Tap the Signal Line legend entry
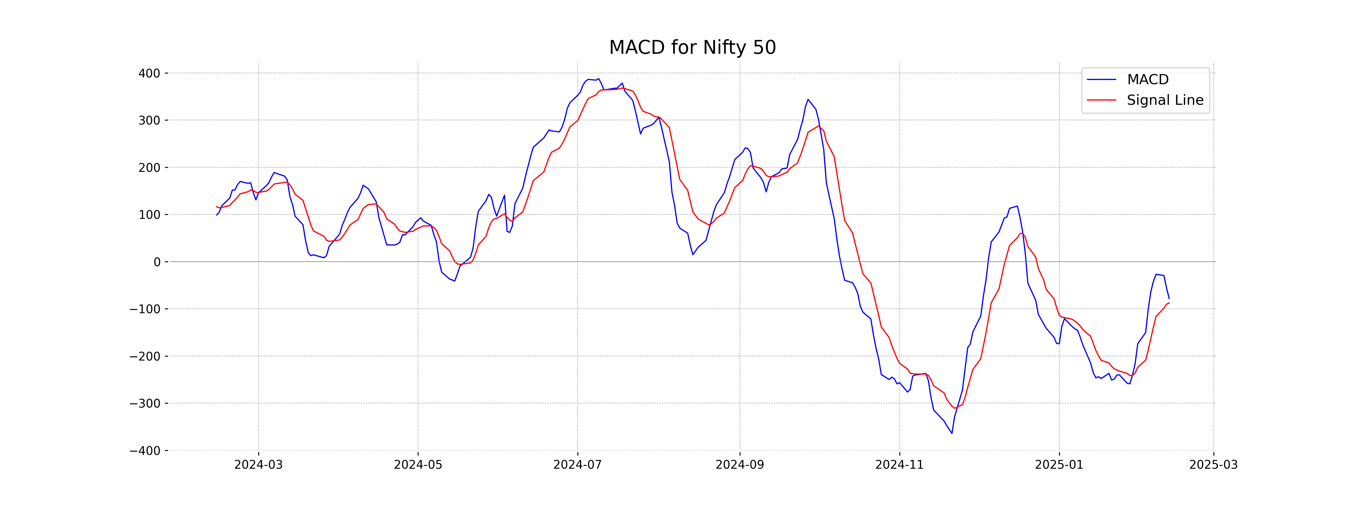(1165, 100)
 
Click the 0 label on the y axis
(157, 262)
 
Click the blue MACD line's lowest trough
(951, 433)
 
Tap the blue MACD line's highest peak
(598, 79)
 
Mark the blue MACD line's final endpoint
(1169, 298)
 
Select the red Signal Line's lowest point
(954, 408)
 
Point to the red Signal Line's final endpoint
(1169, 303)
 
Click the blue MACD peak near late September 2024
(808, 99)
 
